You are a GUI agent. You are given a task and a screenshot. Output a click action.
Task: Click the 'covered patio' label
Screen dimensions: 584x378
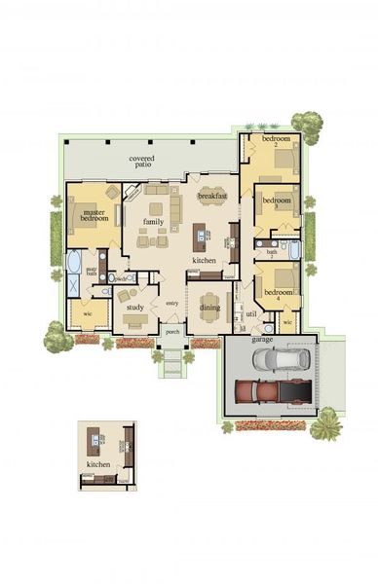(143, 162)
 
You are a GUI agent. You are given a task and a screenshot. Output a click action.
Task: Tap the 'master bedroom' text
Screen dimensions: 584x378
(94, 216)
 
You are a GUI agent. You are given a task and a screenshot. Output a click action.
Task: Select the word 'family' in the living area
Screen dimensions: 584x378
(153, 222)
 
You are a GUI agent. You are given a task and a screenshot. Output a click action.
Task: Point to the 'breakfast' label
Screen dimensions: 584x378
(212, 197)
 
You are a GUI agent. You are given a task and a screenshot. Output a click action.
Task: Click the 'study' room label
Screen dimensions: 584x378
(134, 308)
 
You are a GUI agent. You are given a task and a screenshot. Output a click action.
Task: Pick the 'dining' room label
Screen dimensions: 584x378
(210, 308)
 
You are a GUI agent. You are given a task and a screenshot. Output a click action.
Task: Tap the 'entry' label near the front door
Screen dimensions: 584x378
(172, 304)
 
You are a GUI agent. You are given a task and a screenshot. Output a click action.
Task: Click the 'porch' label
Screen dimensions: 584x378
(172, 332)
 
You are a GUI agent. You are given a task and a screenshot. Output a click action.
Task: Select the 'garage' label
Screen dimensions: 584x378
(262, 340)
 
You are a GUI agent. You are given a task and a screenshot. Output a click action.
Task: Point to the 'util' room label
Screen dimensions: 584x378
(251, 313)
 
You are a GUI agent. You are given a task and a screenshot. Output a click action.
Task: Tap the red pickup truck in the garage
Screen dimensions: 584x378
(276, 391)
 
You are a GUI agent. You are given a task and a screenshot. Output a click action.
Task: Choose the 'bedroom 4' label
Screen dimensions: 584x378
(280, 294)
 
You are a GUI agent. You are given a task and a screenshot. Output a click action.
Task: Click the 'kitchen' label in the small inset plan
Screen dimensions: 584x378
(98, 465)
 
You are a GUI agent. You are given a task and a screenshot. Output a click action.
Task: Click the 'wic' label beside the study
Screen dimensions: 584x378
(87, 313)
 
